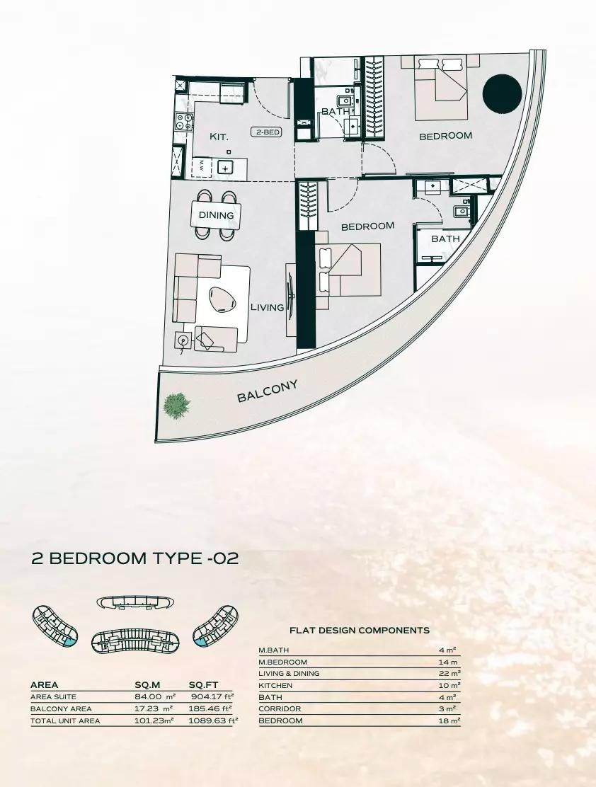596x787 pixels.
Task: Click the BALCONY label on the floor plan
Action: coord(267,391)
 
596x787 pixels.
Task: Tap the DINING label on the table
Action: coord(216,215)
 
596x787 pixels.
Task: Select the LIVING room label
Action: coord(267,307)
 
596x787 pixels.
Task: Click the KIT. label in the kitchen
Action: coord(219,137)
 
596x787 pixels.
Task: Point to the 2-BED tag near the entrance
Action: coord(266,132)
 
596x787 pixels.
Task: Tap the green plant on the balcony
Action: coord(176,405)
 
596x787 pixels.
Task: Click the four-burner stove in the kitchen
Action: coord(184,122)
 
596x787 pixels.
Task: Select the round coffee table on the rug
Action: coord(222,300)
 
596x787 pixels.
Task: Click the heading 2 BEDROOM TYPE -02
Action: coord(134,558)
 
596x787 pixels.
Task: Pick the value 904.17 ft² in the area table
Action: coord(212,696)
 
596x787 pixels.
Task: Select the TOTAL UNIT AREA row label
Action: coord(65,720)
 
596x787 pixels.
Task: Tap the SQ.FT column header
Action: coord(203,684)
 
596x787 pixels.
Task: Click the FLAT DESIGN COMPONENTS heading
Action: coord(360,631)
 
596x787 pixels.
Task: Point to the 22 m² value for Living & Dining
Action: coord(449,674)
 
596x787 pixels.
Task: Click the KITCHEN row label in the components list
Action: coord(275,686)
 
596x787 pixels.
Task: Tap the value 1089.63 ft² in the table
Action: coord(213,720)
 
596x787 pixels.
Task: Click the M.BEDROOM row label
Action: coord(282,662)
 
